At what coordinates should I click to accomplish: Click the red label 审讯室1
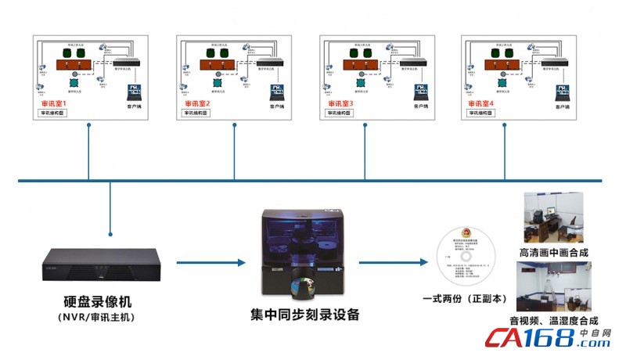coord(54,103)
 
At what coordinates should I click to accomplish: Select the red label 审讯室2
coord(197,103)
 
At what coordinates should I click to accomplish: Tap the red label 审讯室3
coord(341,103)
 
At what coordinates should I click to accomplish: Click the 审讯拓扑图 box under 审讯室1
coord(54,113)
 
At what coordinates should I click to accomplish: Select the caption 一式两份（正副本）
coord(465,299)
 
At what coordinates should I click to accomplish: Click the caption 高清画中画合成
coord(553,253)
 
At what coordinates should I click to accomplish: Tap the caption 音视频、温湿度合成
coord(553,320)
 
